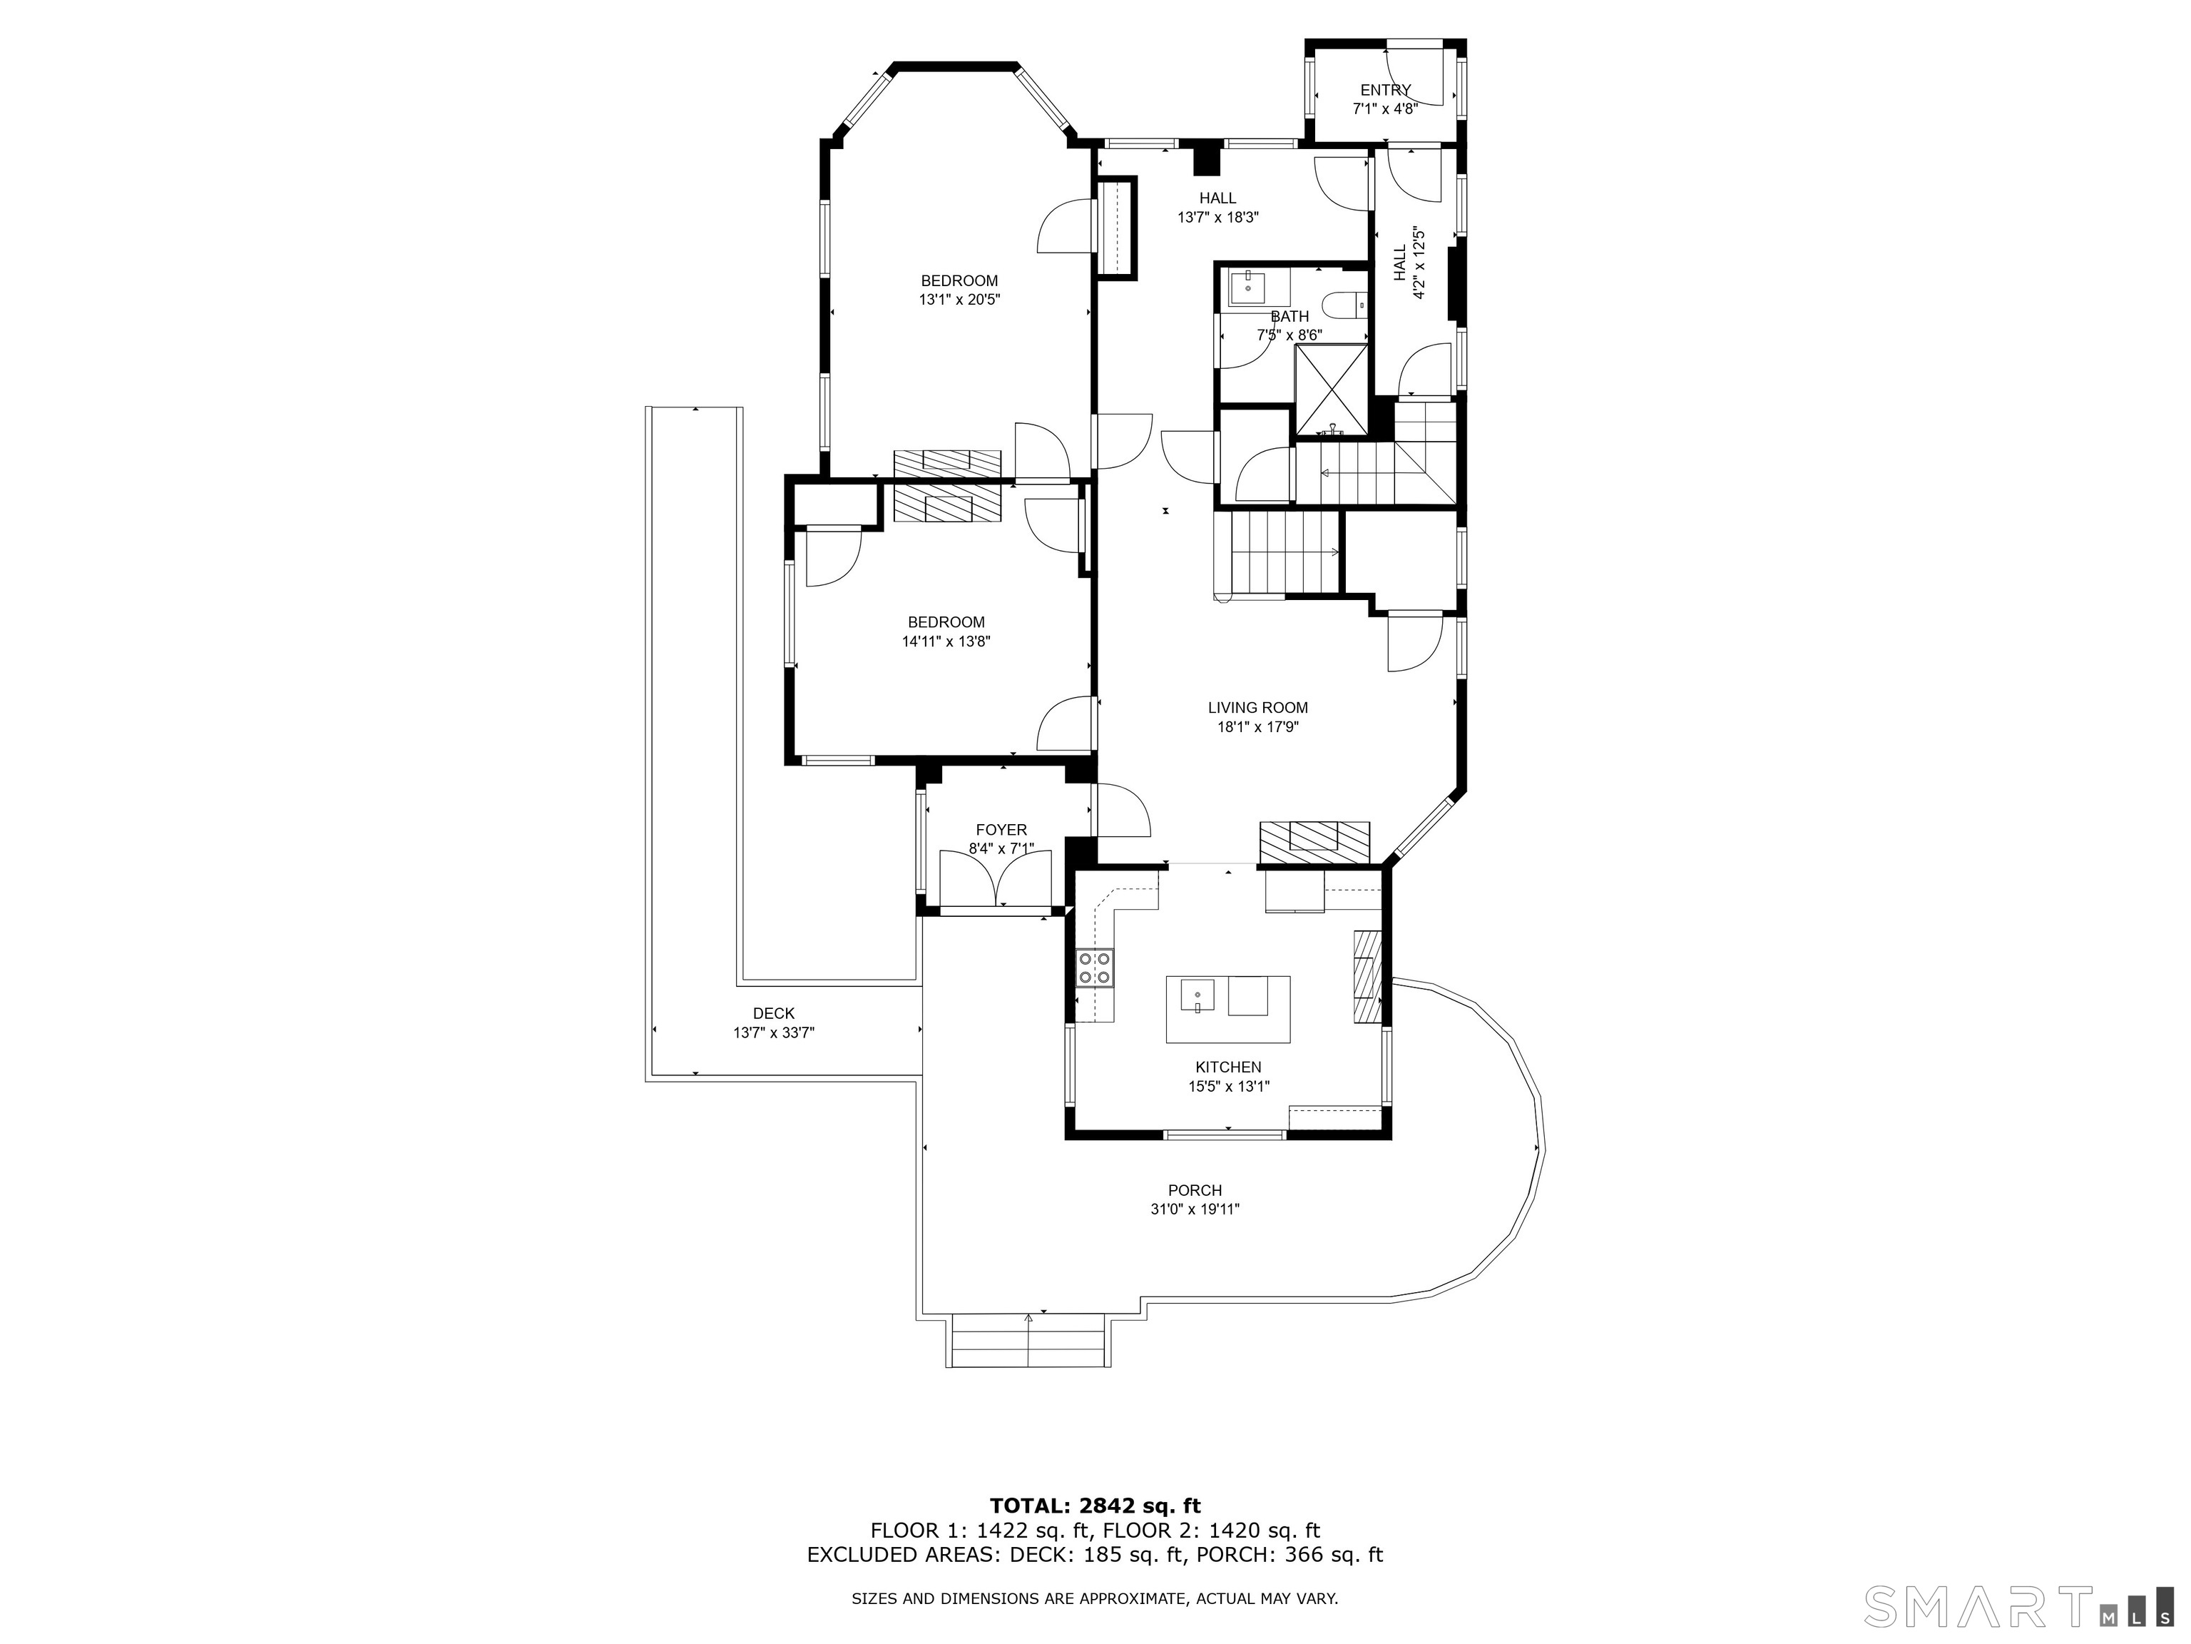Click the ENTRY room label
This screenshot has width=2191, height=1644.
[x=1385, y=90]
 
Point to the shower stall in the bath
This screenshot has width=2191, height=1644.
[x=1332, y=390]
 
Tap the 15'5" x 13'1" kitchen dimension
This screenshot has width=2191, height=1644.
[x=1228, y=1086]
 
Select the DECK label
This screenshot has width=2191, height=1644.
[x=774, y=1014]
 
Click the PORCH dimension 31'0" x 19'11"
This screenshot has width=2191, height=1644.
[x=1195, y=1209]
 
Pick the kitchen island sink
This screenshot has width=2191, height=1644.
[x=1197, y=995]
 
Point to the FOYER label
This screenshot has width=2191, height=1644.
[x=1001, y=829]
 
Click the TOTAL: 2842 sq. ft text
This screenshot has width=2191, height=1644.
[x=1095, y=1507]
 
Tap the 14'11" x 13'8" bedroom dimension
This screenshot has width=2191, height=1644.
[x=946, y=641]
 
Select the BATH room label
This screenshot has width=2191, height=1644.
[x=1289, y=316]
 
